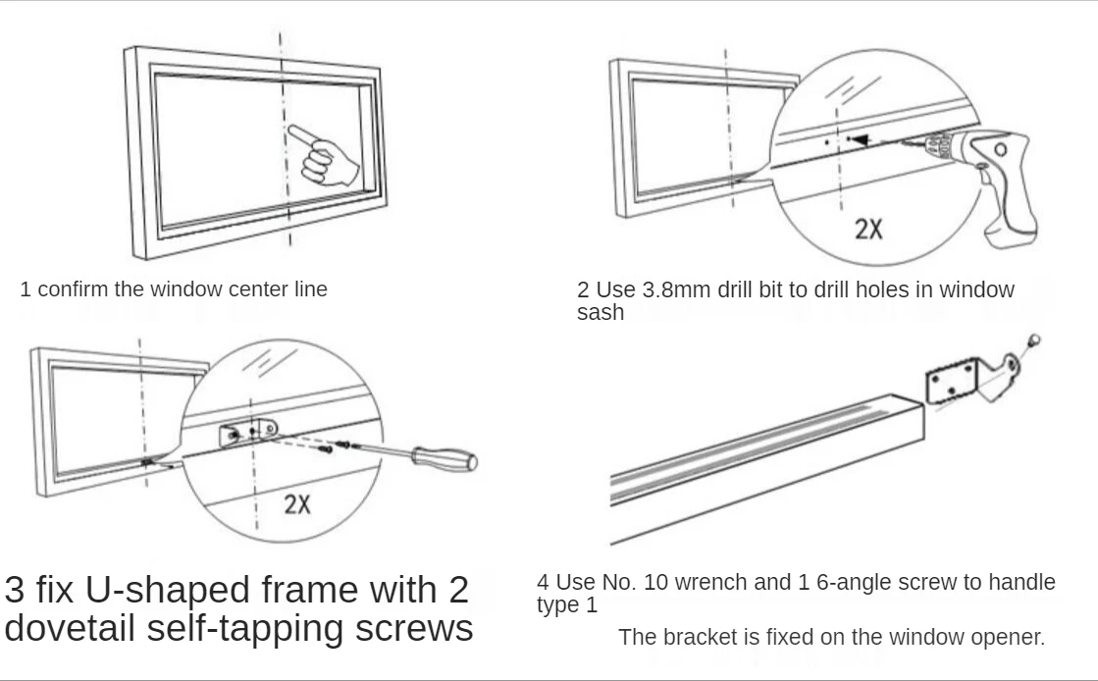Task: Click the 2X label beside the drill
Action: point(868,229)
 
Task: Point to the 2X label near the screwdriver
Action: point(297,504)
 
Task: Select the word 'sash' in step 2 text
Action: point(600,313)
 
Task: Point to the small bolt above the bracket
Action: point(1033,341)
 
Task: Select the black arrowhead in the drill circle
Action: point(860,141)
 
